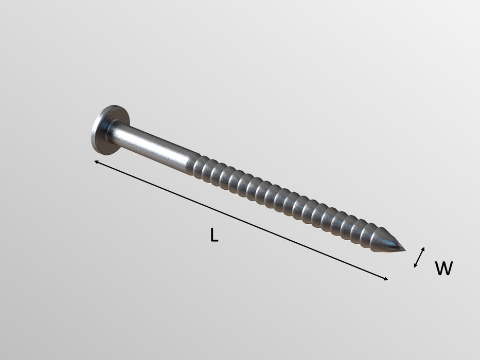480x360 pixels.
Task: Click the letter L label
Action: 215,235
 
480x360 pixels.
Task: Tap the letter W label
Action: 443,268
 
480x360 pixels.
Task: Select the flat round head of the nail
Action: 105,130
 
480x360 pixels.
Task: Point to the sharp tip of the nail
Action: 404,250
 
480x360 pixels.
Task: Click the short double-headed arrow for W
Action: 420,257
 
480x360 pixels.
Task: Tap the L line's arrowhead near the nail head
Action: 96,163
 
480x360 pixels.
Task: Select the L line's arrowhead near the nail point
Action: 386,279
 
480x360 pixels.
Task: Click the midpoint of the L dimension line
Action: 241,221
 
